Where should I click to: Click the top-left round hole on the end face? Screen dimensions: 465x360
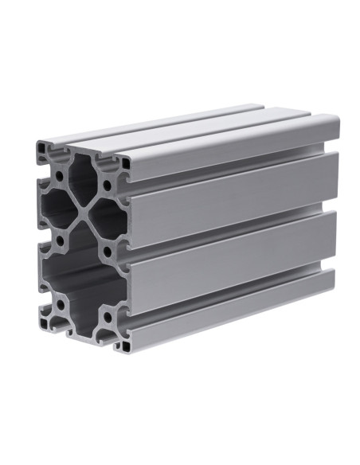point(60,174)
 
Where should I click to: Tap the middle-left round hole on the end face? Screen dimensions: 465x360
point(61,239)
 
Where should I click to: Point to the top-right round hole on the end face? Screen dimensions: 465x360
point(107,188)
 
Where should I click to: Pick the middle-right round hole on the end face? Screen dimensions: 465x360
point(108,252)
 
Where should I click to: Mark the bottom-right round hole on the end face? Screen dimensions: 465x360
point(108,318)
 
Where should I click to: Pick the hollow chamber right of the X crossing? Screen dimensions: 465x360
point(108,220)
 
